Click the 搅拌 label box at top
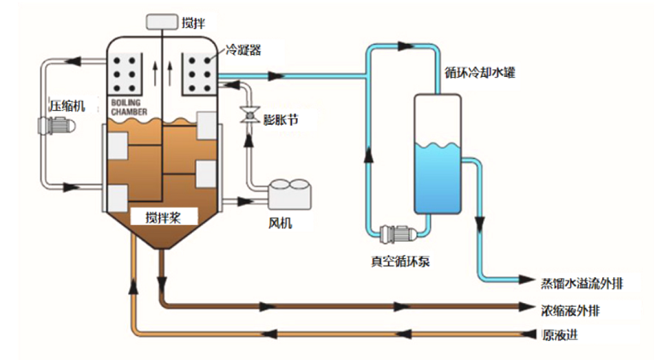[x=162, y=22]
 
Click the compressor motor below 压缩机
[x=57, y=127]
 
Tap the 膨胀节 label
[x=279, y=121]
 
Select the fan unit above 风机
[x=289, y=195]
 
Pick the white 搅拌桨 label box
[x=163, y=218]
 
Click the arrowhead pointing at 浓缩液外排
[x=523, y=307]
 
